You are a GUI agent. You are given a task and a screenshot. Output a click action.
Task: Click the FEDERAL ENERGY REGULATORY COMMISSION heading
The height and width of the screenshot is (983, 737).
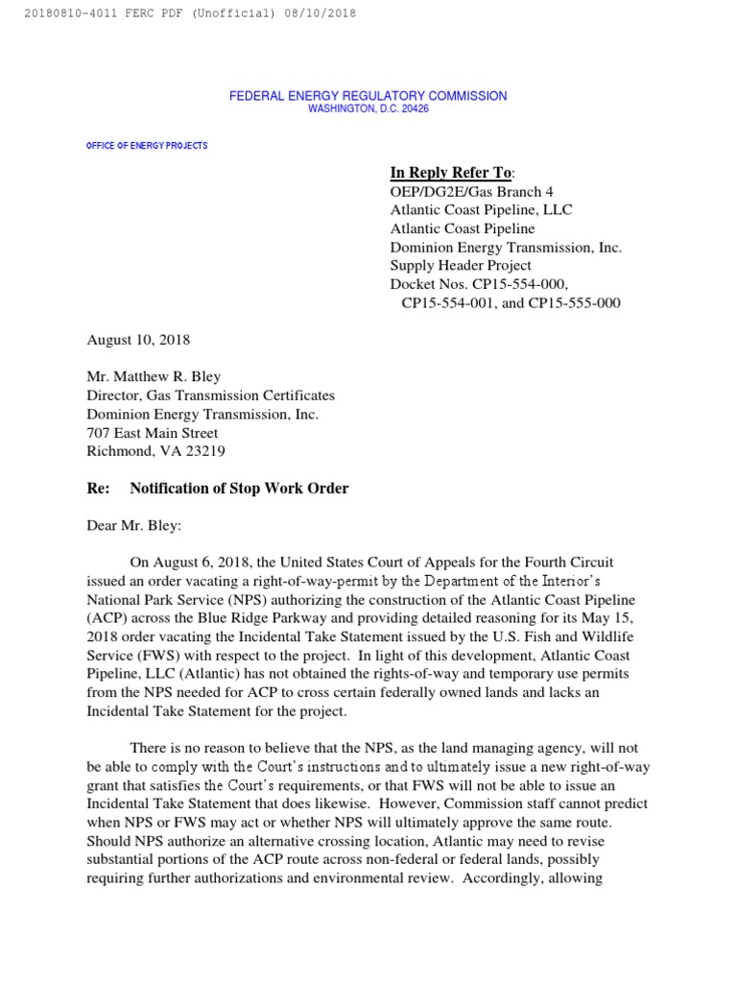pyautogui.click(x=368, y=96)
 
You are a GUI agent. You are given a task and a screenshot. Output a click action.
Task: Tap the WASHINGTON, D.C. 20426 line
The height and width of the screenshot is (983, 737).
pyautogui.click(x=368, y=109)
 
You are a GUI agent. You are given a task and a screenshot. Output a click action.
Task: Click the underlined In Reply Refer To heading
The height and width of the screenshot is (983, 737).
pyautogui.click(x=451, y=173)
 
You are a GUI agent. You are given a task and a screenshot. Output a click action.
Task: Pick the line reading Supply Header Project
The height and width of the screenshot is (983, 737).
pyautogui.click(x=461, y=265)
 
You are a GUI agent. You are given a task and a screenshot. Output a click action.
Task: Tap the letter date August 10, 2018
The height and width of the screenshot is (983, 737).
pyautogui.click(x=138, y=340)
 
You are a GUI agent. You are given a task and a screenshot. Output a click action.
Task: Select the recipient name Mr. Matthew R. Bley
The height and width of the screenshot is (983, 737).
pyautogui.click(x=154, y=377)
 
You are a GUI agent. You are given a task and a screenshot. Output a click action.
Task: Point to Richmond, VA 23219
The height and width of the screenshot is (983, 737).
pyautogui.click(x=157, y=451)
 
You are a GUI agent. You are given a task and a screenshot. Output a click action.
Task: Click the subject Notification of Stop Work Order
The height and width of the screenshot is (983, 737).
pyautogui.click(x=239, y=489)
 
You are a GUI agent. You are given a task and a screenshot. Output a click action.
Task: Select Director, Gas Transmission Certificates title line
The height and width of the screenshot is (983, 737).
pyautogui.click(x=211, y=396)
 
